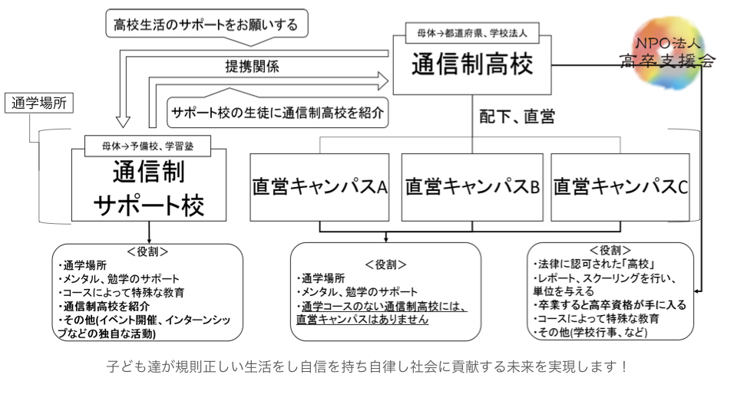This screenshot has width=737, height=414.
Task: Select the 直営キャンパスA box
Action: (x=320, y=187)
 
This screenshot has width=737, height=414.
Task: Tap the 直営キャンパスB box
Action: (x=472, y=187)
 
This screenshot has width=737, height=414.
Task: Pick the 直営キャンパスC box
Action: (x=620, y=187)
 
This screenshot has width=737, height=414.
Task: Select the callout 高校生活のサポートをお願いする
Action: (x=205, y=24)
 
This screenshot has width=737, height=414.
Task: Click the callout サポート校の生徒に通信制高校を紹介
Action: (x=277, y=111)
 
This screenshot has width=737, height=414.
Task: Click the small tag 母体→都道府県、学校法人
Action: (x=472, y=34)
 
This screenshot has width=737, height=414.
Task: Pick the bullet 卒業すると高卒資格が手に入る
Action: (x=610, y=305)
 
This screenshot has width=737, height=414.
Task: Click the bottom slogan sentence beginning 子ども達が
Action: (x=368, y=366)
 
